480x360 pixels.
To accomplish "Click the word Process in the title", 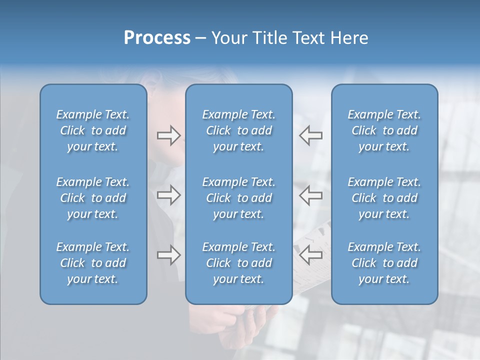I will [x=157, y=38].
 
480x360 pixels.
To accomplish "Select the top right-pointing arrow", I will [x=168, y=135].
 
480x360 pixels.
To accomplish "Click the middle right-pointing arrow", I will [x=168, y=195].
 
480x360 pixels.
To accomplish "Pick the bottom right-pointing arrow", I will [x=168, y=255].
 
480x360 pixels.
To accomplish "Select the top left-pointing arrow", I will [x=311, y=135].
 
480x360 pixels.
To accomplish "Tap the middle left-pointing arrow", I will [x=311, y=195].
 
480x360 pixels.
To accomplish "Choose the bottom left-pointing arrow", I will [x=311, y=255].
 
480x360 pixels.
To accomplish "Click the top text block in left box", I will [x=93, y=130].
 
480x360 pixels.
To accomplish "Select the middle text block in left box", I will [x=93, y=198].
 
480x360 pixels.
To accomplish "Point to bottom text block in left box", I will [x=93, y=263].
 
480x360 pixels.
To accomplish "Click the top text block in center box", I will [x=238, y=130].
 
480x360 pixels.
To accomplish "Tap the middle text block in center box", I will [x=238, y=198].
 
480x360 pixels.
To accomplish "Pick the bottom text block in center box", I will [x=238, y=263].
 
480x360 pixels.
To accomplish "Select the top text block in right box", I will [x=384, y=130].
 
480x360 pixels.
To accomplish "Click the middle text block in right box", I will [x=384, y=198].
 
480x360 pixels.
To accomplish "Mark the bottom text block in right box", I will [x=384, y=263].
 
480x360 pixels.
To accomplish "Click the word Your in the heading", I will [x=228, y=38].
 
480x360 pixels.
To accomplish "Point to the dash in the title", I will [x=200, y=38].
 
